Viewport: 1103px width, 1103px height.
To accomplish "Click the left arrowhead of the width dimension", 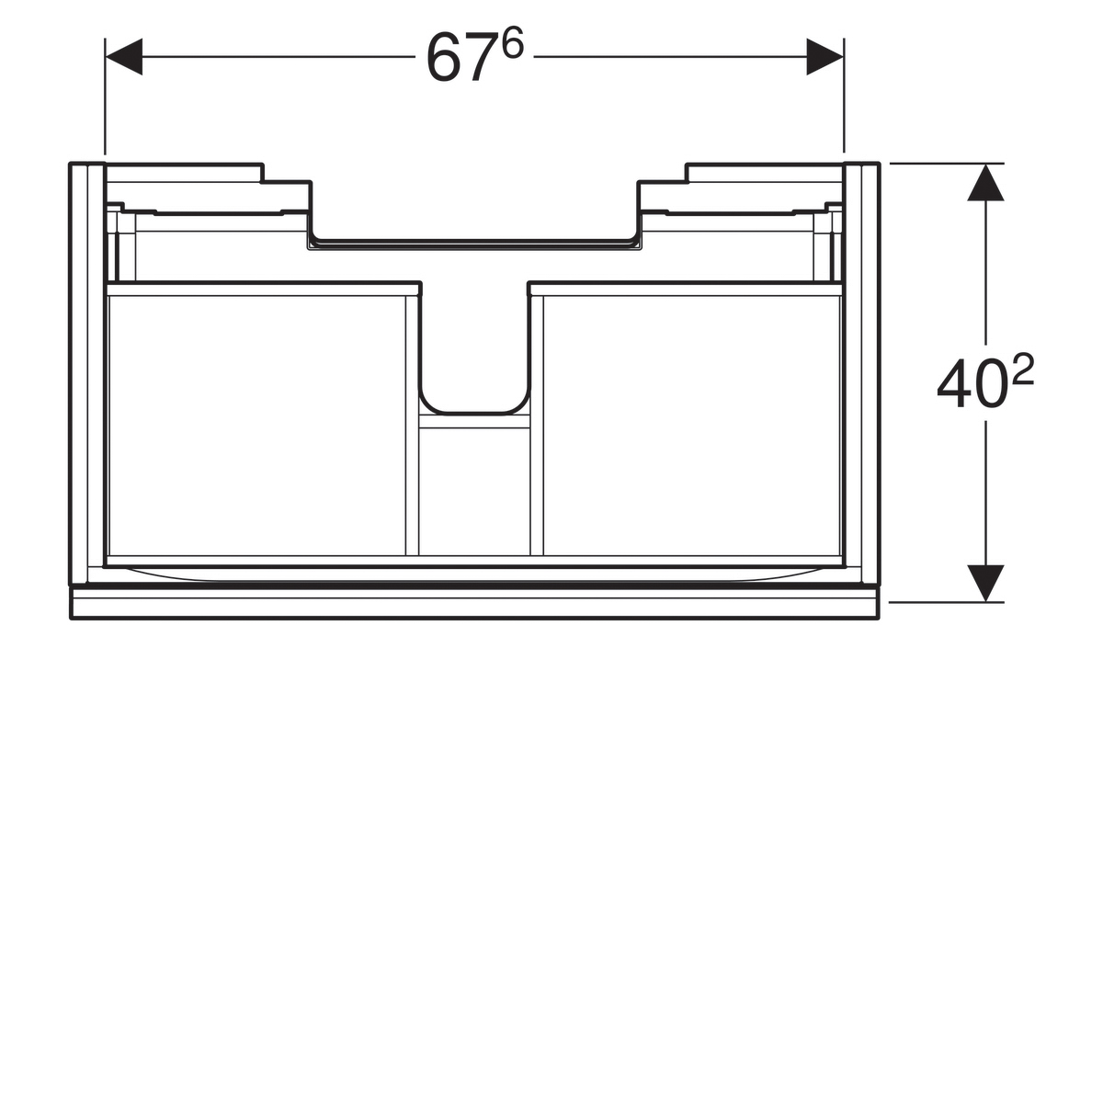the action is pyautogui.click(x=124, y=57).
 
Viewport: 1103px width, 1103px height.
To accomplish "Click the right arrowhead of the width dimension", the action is pyautogui.click(x=824, y=57).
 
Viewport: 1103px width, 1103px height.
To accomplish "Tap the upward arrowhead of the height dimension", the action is pyautogui.click(x=985, y=182).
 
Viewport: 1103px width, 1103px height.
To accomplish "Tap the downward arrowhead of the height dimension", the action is pyautogui.click(x=985, y=584).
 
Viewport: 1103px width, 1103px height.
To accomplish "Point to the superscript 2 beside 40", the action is pyautogui.click(x=1022, y=370).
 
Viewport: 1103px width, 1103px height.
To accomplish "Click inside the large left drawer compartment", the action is pyautogui.click(x=256, y=425).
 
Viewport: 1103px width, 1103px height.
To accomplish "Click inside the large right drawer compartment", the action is pyautogui.click(x=691, y=425).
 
